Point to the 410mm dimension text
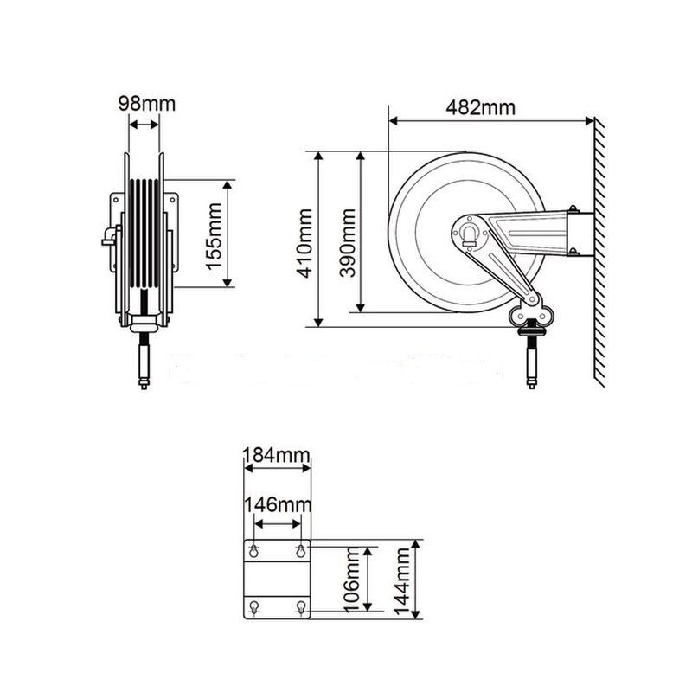(303, 241)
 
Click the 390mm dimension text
(346, 241)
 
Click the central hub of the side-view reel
(466, 234)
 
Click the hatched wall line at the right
(598, 251)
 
